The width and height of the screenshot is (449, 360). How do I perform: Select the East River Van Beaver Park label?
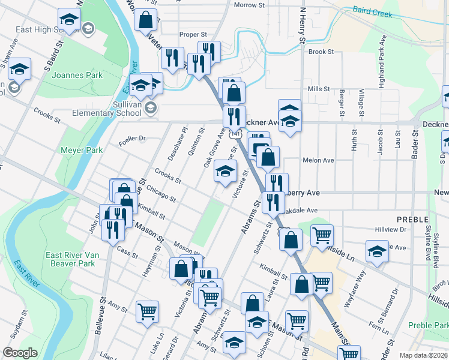[x=71, y=259]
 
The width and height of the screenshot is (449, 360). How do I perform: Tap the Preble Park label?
[x=429, y=325]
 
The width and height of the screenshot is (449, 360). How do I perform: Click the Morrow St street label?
[x=249, y=5]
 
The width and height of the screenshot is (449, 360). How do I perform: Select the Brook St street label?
[x=321, y=52]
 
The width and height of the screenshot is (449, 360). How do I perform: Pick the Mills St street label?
[x=319, y=89]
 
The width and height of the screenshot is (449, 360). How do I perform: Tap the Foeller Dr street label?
[x=133, y=139]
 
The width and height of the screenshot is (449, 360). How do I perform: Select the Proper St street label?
[x=196, y=35]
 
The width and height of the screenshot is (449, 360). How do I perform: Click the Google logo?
[x=20, y=353]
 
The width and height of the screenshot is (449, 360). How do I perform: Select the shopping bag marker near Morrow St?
[x=145, y=19]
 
